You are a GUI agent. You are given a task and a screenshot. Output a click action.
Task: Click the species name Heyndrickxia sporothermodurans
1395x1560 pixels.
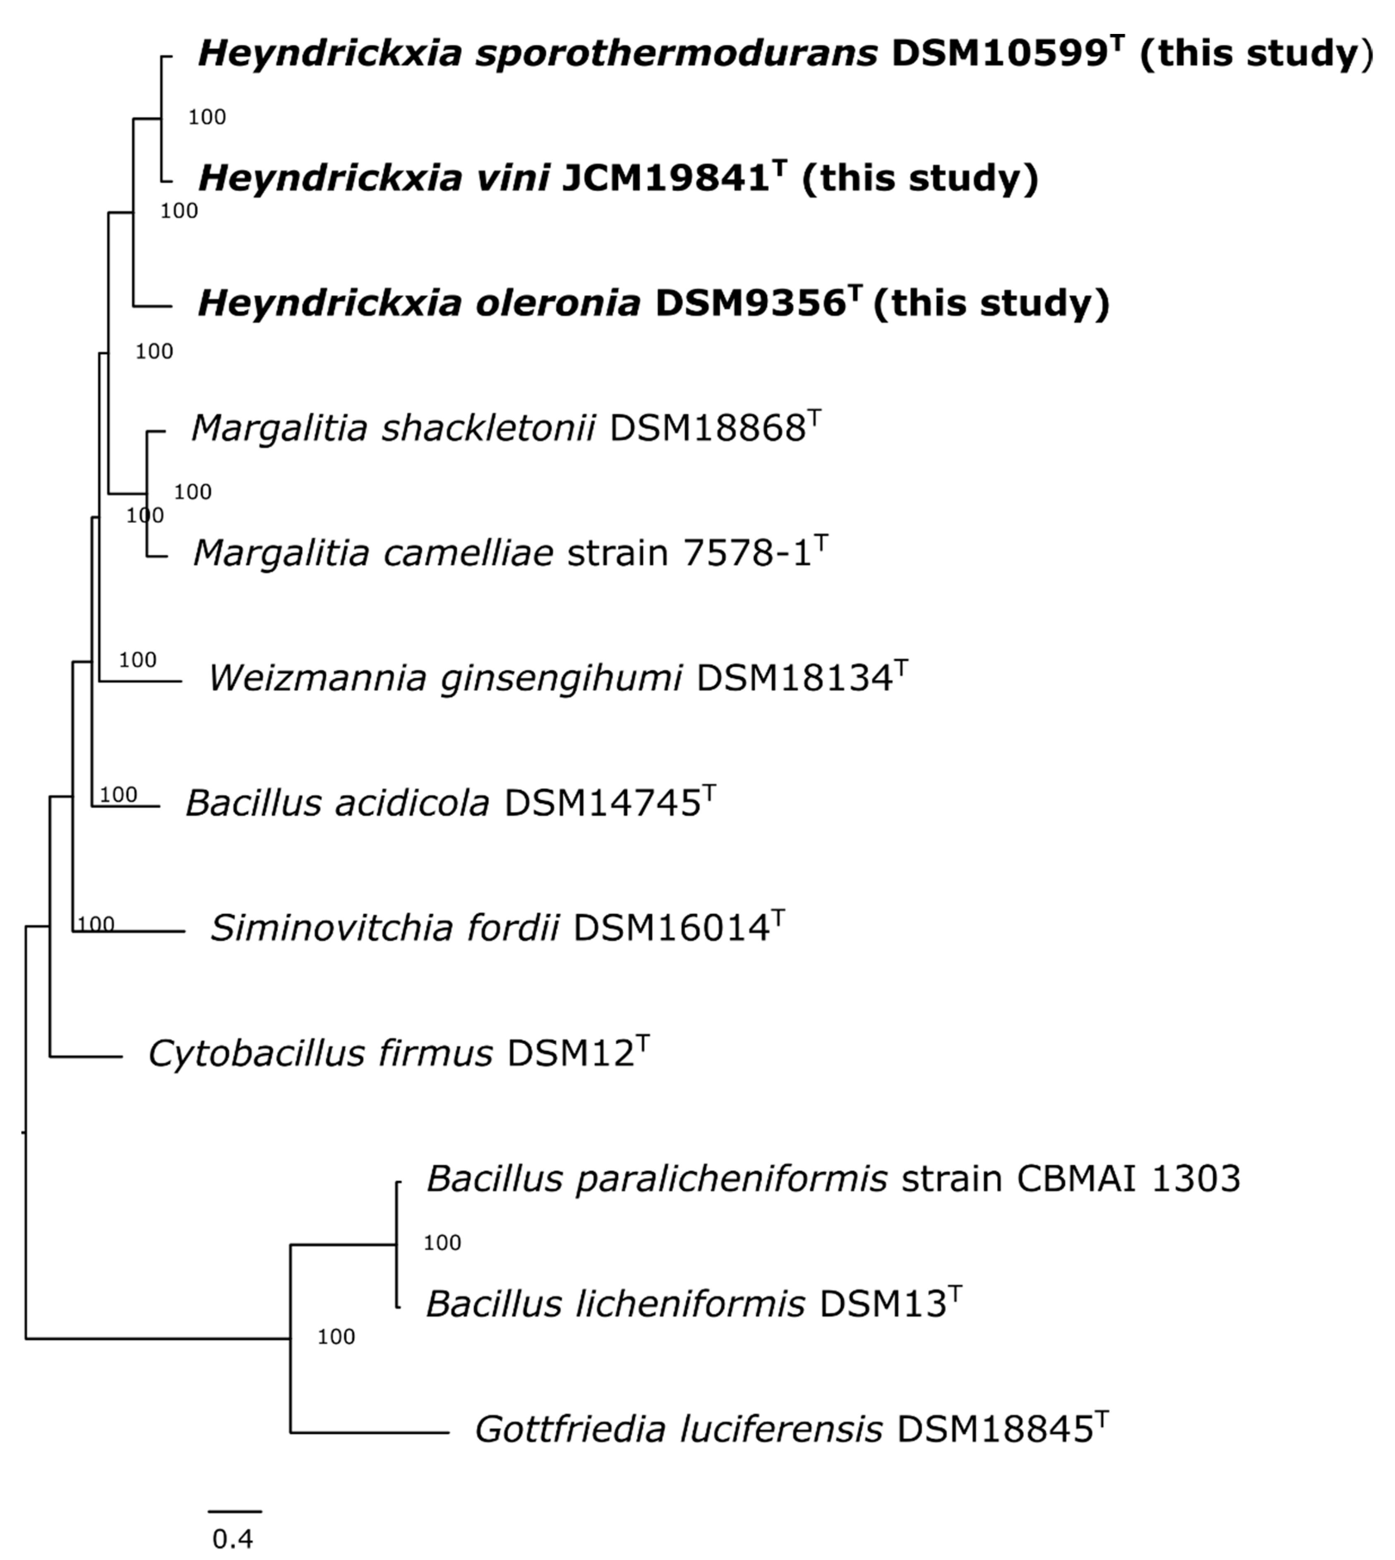(x=537, y=54)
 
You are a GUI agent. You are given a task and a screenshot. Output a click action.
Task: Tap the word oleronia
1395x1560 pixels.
(x=558, y=304)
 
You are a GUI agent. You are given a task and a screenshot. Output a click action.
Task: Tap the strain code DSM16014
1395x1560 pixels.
(x=671, y=928)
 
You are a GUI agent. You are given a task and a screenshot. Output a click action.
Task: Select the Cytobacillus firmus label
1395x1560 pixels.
(x=320, y=1053)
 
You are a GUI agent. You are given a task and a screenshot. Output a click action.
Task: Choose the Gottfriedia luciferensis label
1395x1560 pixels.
(x=678, y=1429)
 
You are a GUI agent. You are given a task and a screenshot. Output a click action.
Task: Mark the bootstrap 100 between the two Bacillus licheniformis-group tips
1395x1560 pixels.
(x=442, y=1243)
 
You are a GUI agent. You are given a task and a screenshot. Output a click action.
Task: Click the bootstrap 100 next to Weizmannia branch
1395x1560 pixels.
(x=138, y=659)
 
